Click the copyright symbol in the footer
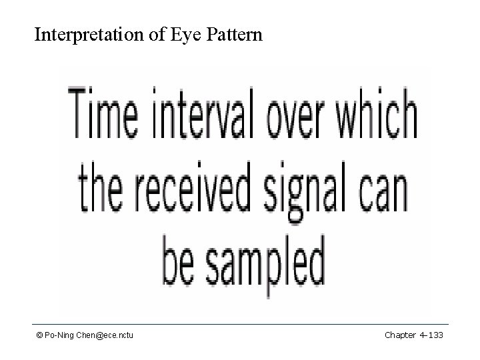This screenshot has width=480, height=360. tap(39, 335)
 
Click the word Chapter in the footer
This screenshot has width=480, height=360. tap(399, 335)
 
